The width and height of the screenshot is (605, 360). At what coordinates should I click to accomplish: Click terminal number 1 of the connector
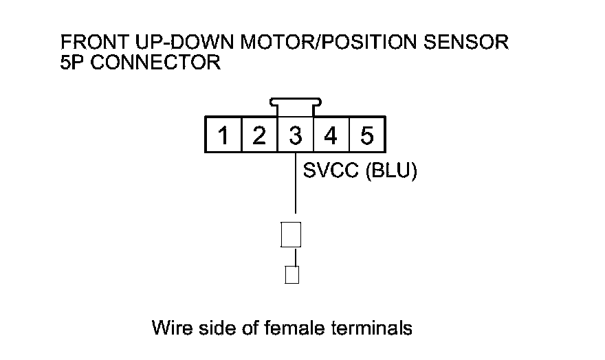223,135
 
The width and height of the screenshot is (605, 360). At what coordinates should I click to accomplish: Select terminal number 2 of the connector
259,135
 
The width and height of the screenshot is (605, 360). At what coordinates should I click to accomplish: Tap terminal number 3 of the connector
295,135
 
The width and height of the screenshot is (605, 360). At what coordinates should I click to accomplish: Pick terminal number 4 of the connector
331,135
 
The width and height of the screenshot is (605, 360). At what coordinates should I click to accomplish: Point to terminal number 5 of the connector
367,135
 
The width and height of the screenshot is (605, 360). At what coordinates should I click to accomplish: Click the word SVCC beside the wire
331,170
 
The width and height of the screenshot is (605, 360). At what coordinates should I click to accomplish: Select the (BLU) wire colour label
391,171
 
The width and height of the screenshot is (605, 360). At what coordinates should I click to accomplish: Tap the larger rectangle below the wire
291,234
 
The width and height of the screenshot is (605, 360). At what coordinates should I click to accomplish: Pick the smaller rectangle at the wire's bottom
291,275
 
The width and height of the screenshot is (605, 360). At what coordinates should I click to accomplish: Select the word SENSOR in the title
466,42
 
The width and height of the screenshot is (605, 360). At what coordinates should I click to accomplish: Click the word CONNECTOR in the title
155,63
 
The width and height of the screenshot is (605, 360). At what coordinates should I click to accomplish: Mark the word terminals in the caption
371,328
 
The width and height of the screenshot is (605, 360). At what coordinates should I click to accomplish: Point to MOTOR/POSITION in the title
329,42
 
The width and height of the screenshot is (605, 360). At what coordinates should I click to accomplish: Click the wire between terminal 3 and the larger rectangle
296,183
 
